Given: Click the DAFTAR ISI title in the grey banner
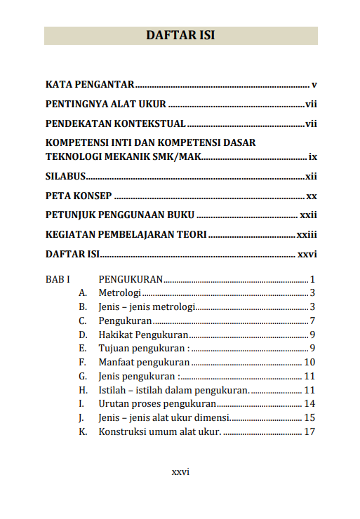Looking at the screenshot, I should (180, 36).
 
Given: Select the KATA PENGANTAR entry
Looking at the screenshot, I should (90, 85).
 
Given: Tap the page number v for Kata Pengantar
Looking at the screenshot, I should (314, 85).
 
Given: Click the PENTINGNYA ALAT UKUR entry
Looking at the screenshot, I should (105, 105).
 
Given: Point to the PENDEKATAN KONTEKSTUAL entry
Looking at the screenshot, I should (115, 124).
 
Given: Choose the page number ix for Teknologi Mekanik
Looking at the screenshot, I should (313, 155).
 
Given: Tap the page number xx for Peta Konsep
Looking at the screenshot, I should (312, 196).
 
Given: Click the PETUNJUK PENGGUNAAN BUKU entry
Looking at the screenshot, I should (119, 215).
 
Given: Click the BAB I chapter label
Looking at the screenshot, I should (58, 279).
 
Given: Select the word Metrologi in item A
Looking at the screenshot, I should (120, 292).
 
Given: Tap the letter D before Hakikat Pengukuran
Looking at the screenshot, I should (83, 335).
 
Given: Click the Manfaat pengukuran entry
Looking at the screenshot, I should (144, 363).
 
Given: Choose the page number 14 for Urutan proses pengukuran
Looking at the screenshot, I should (309, 404).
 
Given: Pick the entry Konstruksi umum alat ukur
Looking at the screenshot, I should (160, 431).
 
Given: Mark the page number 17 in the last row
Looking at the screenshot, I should (309, 431).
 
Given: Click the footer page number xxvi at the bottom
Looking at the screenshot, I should (180, 471).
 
